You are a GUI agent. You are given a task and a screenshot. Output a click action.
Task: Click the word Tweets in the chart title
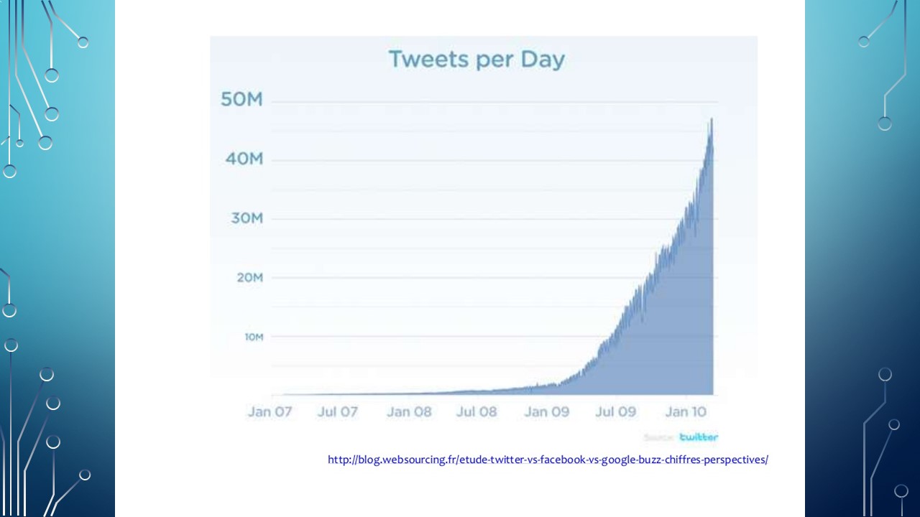pos(423,59)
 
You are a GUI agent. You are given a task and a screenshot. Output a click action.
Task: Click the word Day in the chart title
pos(544,59)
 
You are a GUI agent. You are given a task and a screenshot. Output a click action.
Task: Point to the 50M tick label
pos(241,100)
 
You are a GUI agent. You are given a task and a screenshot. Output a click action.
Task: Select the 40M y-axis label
pos(244,159)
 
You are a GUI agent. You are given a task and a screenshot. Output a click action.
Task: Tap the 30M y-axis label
pos(247,218)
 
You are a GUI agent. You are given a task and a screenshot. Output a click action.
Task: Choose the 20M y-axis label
pos(249,277)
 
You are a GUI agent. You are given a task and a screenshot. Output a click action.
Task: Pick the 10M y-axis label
pos(254,336)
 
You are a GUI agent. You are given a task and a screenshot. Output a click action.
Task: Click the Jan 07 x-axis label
pos(270,412)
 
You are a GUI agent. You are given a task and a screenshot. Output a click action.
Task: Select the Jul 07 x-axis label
pos(338,412)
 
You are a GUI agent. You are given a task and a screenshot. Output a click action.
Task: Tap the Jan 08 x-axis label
pos(409,412)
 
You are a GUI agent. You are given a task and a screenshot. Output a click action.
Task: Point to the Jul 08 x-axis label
pos(477,412)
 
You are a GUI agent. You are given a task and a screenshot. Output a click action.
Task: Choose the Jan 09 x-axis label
pos(546,412)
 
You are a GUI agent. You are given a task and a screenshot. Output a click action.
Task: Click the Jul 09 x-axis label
pos(616,412)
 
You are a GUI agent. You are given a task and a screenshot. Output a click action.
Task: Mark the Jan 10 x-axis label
pos(686,412)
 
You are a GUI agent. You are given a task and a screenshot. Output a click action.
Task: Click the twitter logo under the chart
pos(699,437)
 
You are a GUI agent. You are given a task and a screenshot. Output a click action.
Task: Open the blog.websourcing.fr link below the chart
pos(548,460)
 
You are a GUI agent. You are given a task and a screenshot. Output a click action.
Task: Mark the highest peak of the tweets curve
pos(712,118)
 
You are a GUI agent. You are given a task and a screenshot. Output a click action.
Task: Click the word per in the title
pos(488,60)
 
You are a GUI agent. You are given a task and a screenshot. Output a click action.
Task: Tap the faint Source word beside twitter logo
pos(658,437)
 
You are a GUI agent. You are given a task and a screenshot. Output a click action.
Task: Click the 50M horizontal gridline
pos(489,102)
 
